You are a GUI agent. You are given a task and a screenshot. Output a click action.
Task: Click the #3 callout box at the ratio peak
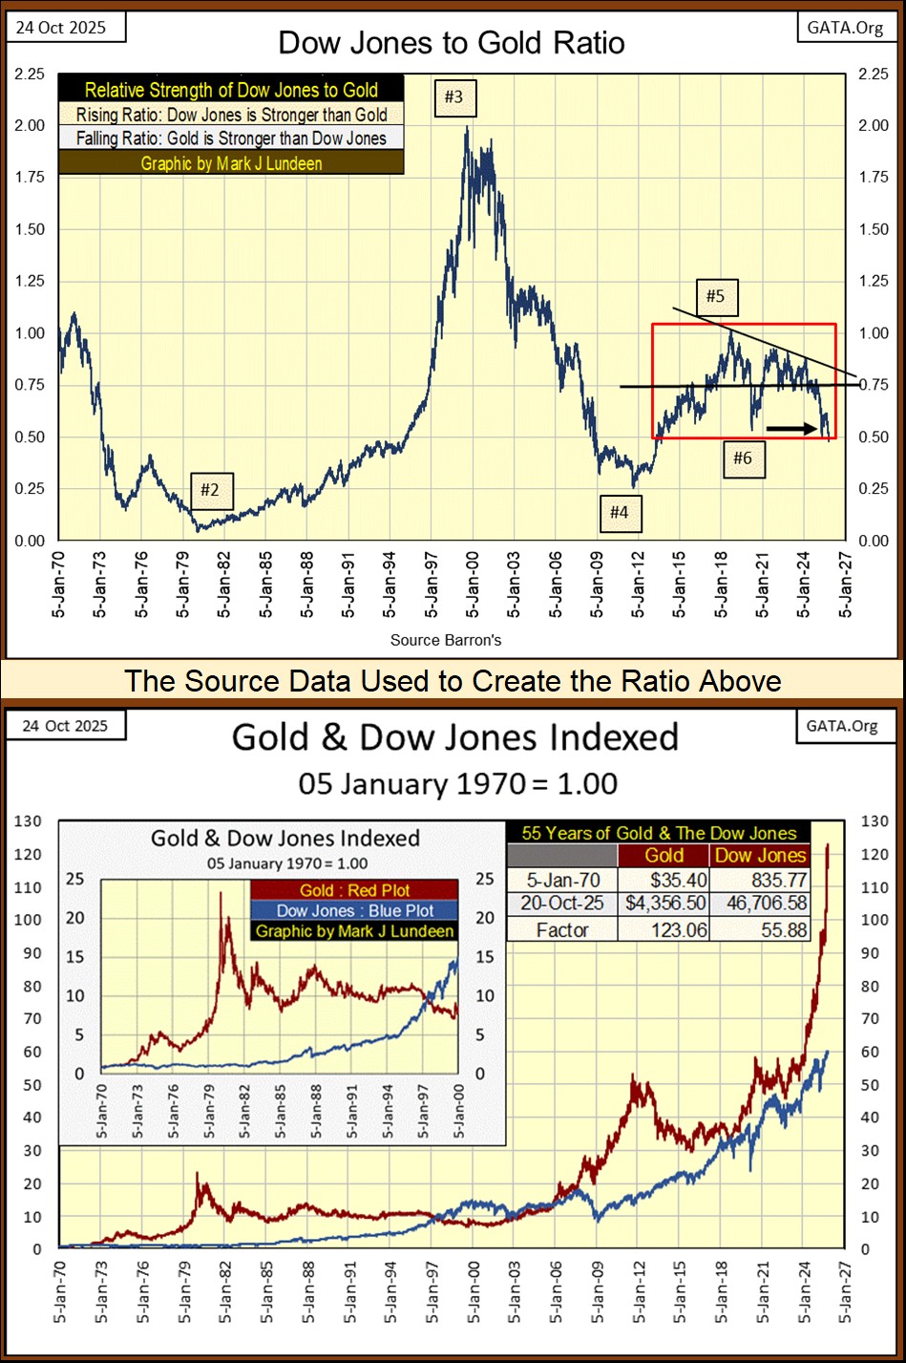click(x=453, y=96)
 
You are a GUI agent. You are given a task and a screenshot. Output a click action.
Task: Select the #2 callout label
click(x=209, y=491)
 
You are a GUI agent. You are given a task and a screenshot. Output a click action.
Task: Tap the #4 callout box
click(x=620, y=513)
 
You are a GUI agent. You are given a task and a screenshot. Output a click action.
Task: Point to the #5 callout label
click(x=715, y=296)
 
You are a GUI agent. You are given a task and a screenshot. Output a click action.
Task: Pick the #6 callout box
click(x=742, y=458)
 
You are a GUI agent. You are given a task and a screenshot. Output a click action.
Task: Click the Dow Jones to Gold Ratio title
click(x=452, y=43)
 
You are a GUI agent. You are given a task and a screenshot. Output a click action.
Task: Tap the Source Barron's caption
click(x=446, y=640)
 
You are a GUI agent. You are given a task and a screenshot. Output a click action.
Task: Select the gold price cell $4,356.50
click(x=665, y=903)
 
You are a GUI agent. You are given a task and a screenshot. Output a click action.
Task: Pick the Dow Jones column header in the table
click(x=760, y=856)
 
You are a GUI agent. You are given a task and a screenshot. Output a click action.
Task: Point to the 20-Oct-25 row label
click(x=561, y=903)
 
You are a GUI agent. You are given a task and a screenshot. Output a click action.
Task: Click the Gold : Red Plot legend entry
click(x=355, y=890)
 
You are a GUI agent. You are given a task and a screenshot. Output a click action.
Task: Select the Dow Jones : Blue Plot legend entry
click(x=355, y=911)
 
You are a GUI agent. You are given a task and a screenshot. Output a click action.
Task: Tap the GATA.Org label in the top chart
click(x=845, y=27)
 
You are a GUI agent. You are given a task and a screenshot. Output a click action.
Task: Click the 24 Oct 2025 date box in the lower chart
click(x=65, y=726)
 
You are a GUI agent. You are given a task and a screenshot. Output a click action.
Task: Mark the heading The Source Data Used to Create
click(x=453, y=681)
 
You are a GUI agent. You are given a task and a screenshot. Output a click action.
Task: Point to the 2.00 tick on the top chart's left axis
click(x=30, y=126)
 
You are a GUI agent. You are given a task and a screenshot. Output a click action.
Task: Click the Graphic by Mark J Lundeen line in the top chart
click(x=231, y=163)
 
